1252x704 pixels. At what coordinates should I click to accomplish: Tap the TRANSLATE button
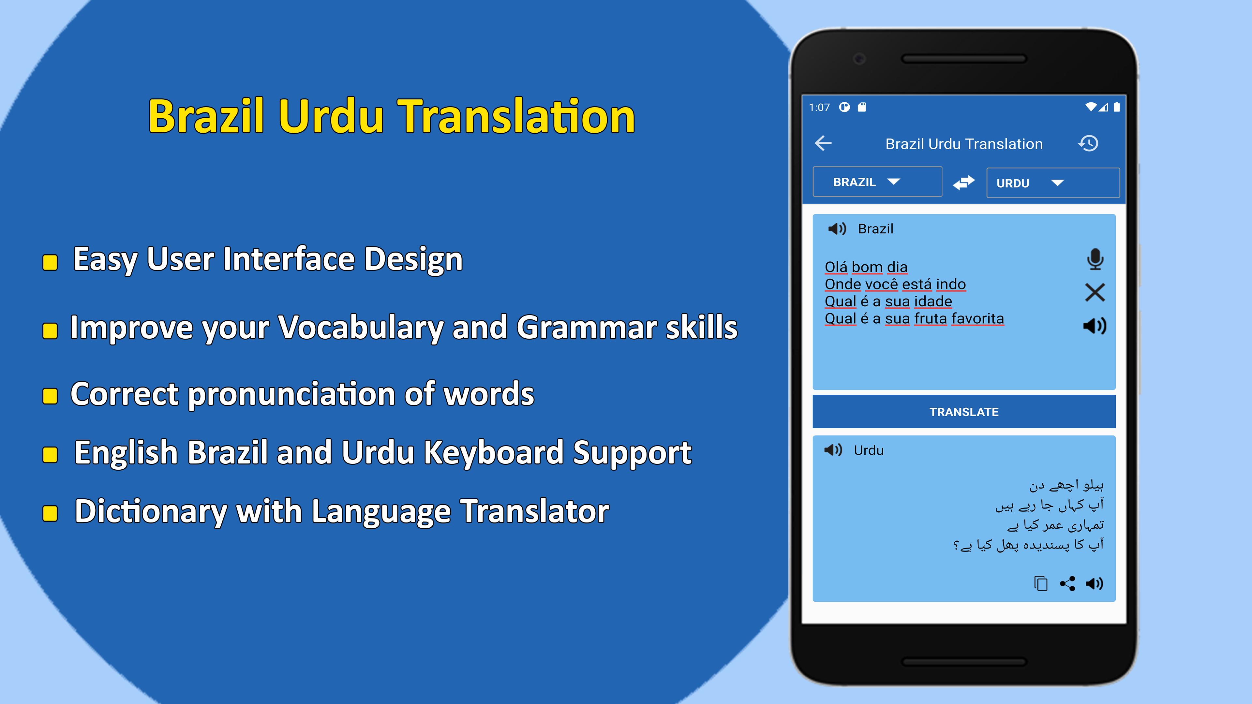[x=964, y=412]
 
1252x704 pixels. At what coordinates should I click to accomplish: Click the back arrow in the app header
[x=823, y=143]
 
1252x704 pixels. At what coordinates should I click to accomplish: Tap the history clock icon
[x=1088, y=143]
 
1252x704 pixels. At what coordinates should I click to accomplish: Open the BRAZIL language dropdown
[x=877, y=182]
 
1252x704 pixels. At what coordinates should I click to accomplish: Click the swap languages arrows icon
[x=964, y=182]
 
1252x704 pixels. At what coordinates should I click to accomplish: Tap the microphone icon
[x=1095, y=259]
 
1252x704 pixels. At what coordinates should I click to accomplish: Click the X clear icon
[x=1095, y=292]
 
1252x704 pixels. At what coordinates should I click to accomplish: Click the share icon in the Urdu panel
[x=1067, y=583]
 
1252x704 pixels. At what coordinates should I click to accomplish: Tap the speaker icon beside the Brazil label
[x=837, y=228]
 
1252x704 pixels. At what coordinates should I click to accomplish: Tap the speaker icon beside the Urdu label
[x=833, y=450]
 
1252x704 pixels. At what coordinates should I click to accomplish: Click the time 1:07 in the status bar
[x=819, y=107]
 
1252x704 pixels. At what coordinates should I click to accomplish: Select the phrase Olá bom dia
[x=866, y=267]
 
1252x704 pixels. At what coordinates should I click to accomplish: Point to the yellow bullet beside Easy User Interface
[x=50, y=262]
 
